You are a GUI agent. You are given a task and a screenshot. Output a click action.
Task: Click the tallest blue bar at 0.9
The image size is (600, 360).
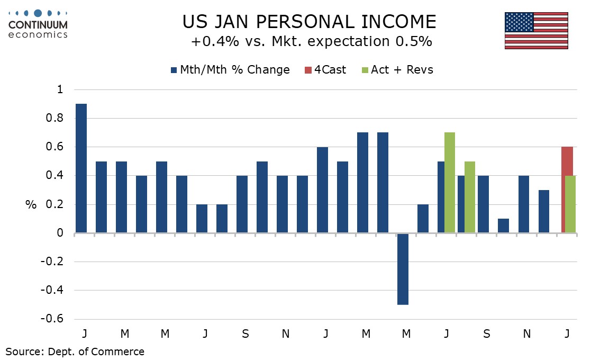pyautogui.click(x=81, y=168)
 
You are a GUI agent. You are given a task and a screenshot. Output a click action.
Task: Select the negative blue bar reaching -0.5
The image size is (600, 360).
pyautogui.click(x=403, y=268)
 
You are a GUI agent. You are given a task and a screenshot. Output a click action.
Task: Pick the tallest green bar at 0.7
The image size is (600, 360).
pyautogui.click(x=450, y=182)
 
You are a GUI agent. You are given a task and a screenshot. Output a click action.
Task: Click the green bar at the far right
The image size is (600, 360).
pyautogui.click(x=570, y=204)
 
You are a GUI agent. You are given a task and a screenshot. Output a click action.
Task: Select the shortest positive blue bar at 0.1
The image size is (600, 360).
pyautogui.click(x=504, y=226)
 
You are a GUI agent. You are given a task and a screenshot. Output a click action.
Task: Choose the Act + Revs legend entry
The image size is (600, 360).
pyautogui.click(x=396, y=70)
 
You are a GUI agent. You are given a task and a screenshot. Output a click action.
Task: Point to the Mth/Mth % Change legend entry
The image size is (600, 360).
pyautogui.click(x=230, y=70)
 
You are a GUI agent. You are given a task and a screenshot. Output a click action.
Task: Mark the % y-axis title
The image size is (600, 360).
pyautogui.click(x=31, y=205)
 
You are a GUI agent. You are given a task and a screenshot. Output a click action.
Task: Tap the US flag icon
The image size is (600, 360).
pyautogui.click(x=536, y=30)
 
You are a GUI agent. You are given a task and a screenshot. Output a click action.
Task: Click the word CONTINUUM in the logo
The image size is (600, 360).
pyautogui.click(x=39, y=25)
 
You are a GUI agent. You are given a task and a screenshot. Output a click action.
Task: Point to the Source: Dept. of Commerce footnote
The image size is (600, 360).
pyautogui.click(x=75, y=351)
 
